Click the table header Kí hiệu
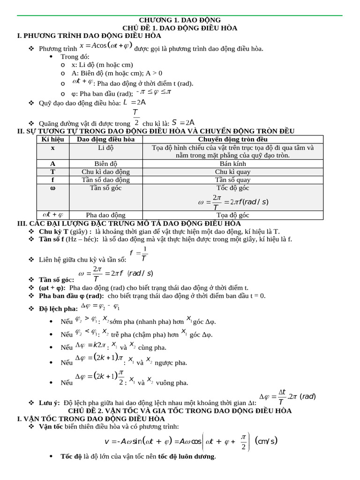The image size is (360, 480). tap(52, 139)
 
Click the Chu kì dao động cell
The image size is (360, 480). tap(105, 172)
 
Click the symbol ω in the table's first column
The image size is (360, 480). tap(52, 188)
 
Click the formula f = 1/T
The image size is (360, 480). tap(139, 254)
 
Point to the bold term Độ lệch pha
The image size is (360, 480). tap(58, 308)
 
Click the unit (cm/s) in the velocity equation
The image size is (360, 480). tap(266, 441)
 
